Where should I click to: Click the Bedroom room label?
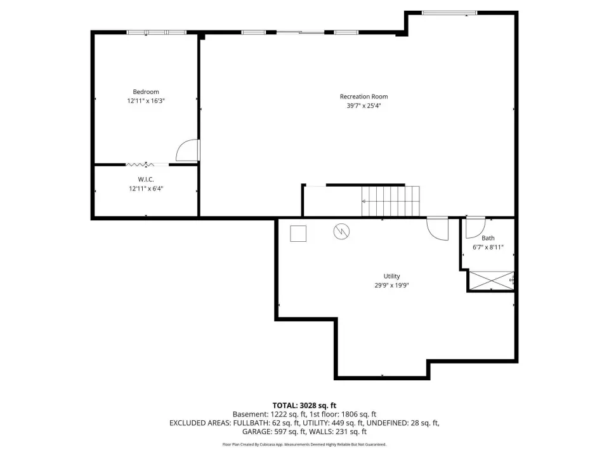(146, 91)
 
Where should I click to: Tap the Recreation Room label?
(363, 96)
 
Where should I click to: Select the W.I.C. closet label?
(146, 180)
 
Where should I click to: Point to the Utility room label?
(391, 276)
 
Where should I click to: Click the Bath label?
(488, 238)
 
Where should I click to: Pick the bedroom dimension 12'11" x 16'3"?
(146, 101)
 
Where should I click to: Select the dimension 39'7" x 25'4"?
(363, 106)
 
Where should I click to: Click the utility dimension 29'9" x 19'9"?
(391, 285)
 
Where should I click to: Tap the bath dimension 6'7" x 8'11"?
(488, 247)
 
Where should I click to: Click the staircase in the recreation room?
(390, 201)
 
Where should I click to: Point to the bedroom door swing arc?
(179, 147)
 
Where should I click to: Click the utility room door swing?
(432, 232)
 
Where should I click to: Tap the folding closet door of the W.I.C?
(140, 165)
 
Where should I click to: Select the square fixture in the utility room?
(298, 234)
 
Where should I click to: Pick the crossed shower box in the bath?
(491, 280)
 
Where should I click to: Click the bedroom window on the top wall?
(157, 32)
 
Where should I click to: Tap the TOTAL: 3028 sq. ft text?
(304, 406)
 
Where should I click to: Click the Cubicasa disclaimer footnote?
(304, 444)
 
